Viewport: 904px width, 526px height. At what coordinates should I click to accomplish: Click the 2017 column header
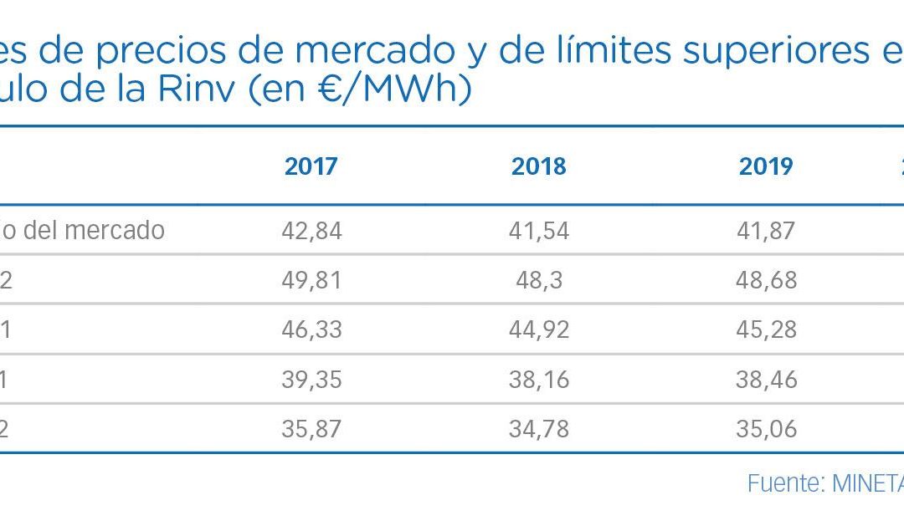pyautogui.click(x=311, y=166)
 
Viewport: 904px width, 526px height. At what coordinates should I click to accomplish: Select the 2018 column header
pyautogui.click(x=539, y=166)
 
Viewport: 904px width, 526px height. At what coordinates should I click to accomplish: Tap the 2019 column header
pyautogui.click(x=766, y=166)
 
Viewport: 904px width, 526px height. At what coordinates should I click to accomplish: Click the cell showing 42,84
pyautogui.click(x=311, y=230)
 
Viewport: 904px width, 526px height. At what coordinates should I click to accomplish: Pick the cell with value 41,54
pyautogui.click(x=539, y=230)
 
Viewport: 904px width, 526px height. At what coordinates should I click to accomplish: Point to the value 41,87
pyautogui.click(x=766, y=230)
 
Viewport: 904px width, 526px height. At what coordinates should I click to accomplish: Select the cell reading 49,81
pyautogui.click(x=311, y=279)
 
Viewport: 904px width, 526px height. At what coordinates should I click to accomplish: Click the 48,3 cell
pyautogui.click(x=539, y=279)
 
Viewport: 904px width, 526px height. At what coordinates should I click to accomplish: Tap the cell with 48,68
pyautogui.click(x=766, y=279)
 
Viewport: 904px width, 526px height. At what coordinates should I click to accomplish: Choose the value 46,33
pyautogui.click(x=311, y=329)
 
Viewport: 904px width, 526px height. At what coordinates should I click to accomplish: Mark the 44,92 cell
pyautogui.click(x=539, y=329)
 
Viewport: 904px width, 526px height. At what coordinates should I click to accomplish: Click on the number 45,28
pyautogui.click(x=766, y=329)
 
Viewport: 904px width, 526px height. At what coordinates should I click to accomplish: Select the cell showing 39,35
pyautogui.click(x=311, y=379)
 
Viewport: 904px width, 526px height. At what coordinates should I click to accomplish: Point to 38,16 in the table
pyautogui.click(x=539, y=379)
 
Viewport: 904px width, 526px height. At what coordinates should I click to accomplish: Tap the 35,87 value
pyautogui.click(x=311, y=429)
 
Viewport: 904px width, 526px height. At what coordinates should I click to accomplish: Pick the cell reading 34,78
pyautogui.click(x=539, y=429)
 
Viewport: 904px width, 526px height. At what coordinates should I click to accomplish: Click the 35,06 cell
pyautogui.click(x=766, y=429)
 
